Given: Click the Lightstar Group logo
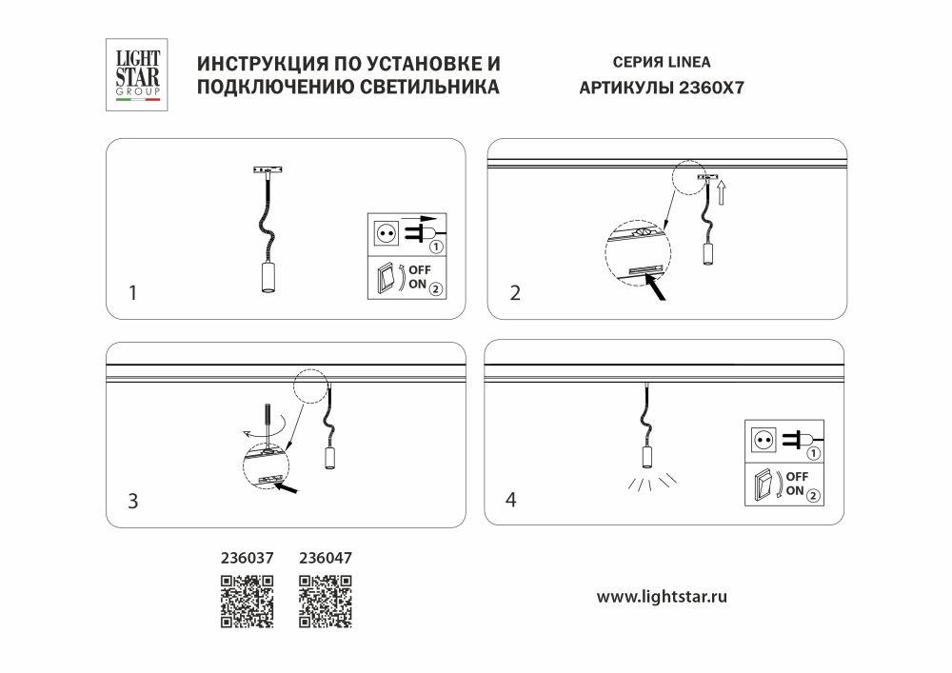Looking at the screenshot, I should (x=137, y=74).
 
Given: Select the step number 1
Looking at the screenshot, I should (x=133, y=293).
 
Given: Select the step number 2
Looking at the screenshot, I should (x=515, y=293).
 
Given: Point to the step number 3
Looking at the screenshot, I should (x=133, y=501).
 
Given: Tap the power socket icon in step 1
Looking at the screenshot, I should (x=387, y=232).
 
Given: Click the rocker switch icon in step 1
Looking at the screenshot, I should (x=386, y=278).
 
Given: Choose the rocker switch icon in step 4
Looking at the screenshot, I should (x=764, y=485).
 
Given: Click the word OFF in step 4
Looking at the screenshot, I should (x=798, y=476).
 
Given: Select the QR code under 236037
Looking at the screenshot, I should (x=248, y=602).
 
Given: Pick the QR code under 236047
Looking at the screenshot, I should (x=326, y=602).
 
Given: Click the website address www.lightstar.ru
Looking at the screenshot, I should (x=662, y=597).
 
